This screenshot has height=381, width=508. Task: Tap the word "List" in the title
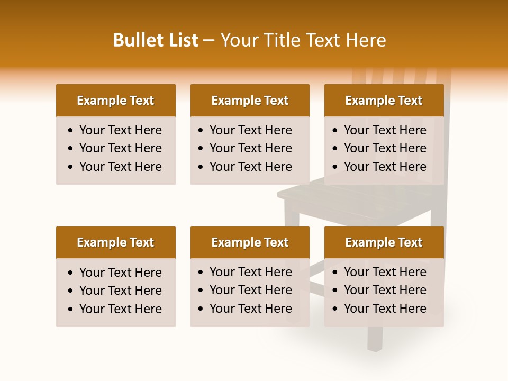[x=184, y=40]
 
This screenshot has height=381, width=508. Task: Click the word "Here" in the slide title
[x=366, y=40]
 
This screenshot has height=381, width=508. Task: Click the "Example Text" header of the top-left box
[x=115, y=101]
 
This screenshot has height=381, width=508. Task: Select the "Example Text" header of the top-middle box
[x=250, y=101]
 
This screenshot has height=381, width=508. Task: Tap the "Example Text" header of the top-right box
[x=384, y=101]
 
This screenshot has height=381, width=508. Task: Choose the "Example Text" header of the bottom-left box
[x=115, y=242]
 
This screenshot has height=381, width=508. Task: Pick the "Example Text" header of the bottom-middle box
[x=250, y=242]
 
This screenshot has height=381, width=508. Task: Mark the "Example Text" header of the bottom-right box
[x=384, y=242]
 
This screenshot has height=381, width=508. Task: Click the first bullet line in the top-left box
[x=121, y=130]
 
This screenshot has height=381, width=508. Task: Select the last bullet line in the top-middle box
[x=251, y=167]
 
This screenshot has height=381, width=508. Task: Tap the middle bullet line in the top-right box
[x=385, y=148]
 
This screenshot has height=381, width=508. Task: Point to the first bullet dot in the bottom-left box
[x=71, y=273]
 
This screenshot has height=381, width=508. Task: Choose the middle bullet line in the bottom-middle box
[x=251, y=290]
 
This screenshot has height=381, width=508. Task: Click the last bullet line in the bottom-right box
[x=385, y=309]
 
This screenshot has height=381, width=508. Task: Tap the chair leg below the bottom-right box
[x=375, y=339]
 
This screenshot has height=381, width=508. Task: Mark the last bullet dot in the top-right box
[x=335, y=167]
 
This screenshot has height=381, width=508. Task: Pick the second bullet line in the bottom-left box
[x=121, y=291]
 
